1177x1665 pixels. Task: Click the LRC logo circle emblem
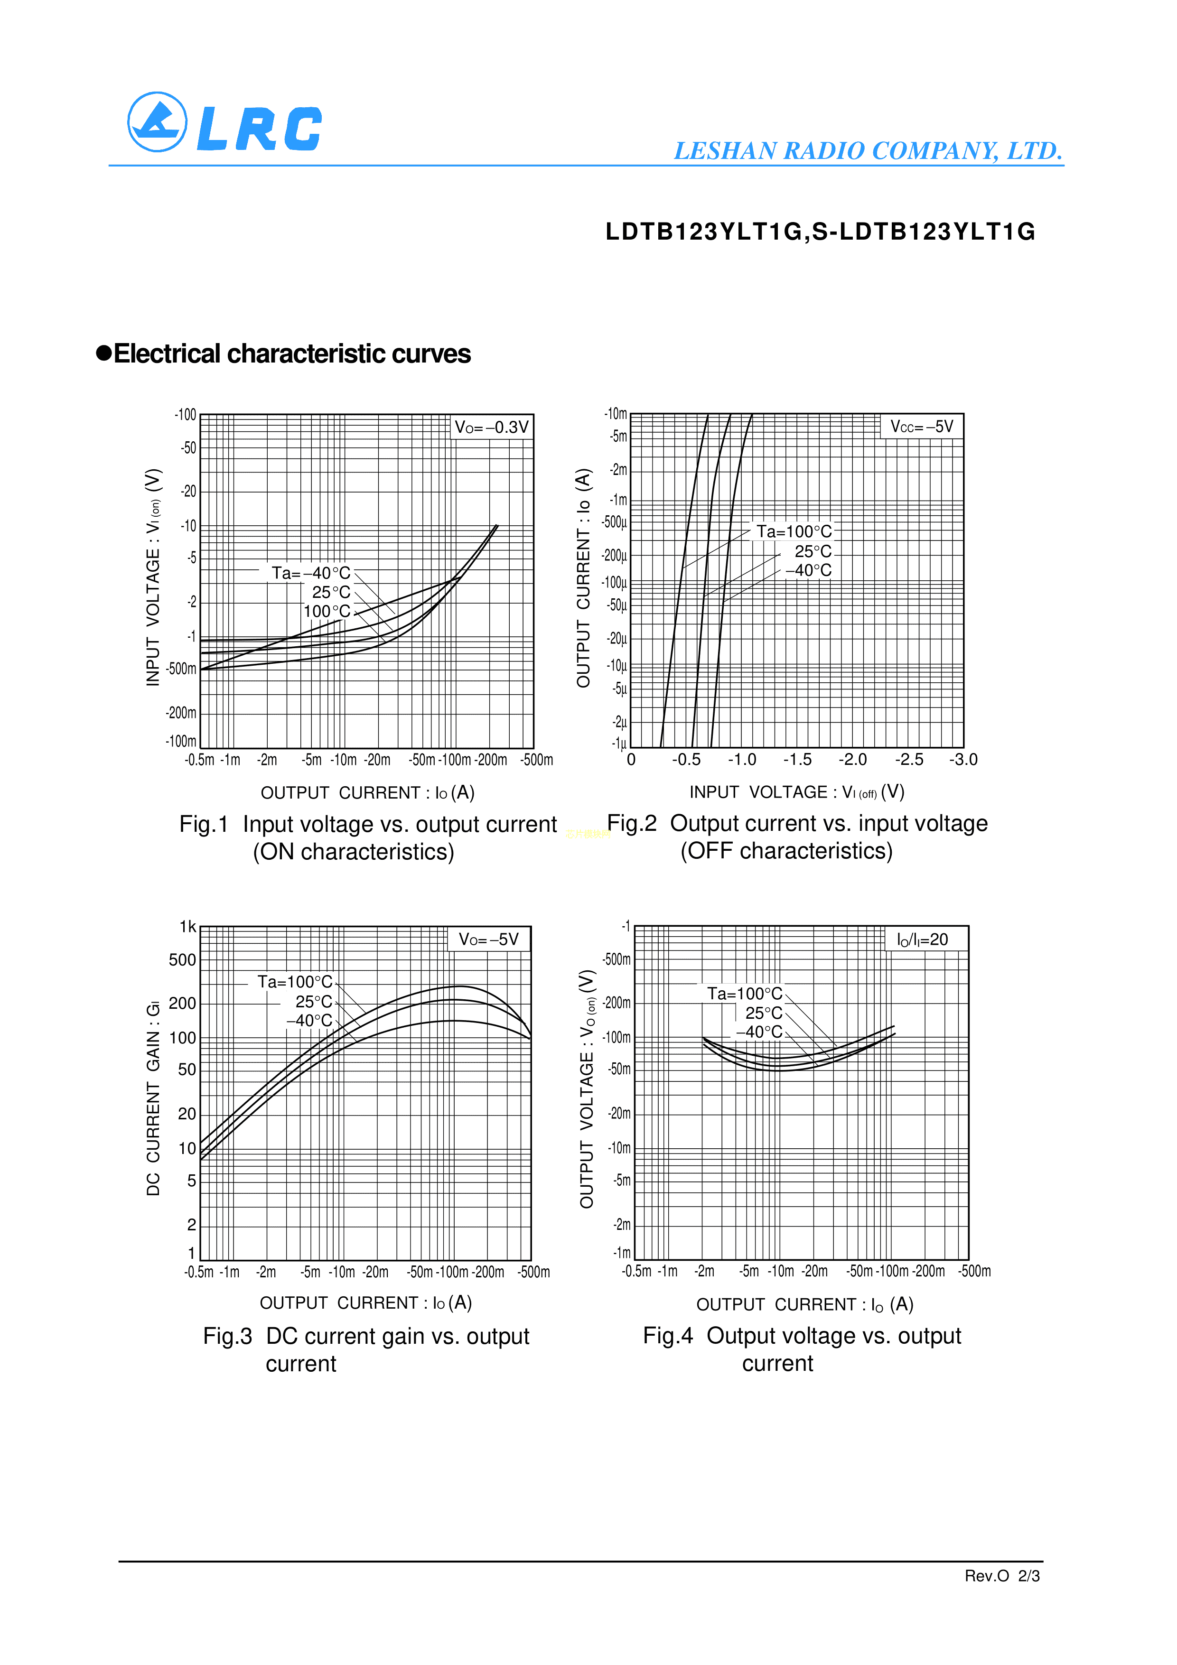click(x=157, y=122)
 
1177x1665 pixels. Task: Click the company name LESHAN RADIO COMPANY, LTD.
click(x=868, y=151)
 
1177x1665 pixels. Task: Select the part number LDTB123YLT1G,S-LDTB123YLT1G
click(x=820, y=232)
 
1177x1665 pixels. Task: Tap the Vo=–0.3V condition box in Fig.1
click(x=491, y=427)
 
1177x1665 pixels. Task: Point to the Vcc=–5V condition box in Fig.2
click(x=921, y=427)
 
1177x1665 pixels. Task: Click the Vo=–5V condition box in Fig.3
click(x=489, y=939)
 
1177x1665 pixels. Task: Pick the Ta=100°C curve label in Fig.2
click(x=794, y=531)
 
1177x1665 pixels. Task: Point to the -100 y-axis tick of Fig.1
click(x=186, y=415)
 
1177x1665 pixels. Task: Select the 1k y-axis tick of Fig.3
click(x=188, y=927)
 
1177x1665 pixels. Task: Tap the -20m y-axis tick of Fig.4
click(x=619, y=1113)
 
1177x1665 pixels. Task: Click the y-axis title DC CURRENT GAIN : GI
click(x=153, y=1098)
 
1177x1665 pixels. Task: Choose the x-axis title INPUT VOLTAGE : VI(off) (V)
click(x=796, y=792)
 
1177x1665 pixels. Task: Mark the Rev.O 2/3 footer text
click(x=1001, y=1576)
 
